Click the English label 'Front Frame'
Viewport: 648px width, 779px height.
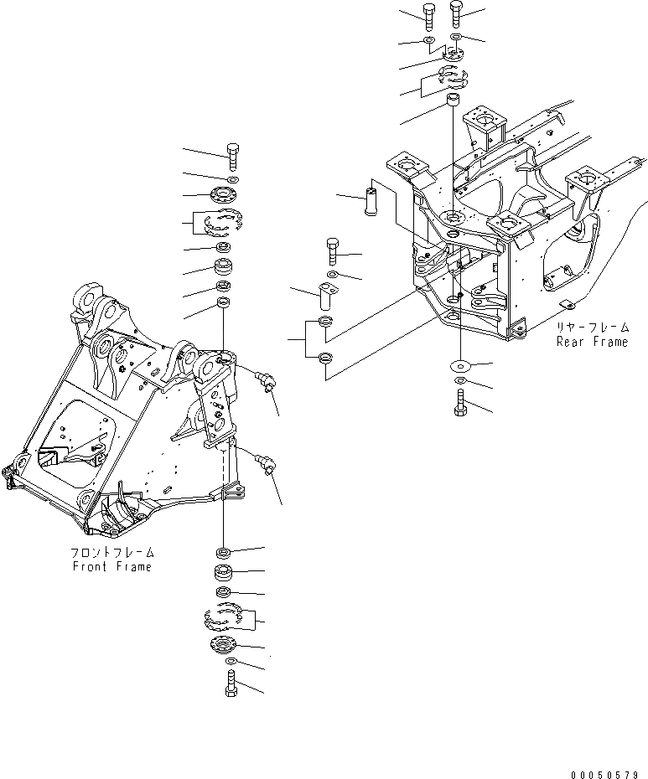click(111, 567)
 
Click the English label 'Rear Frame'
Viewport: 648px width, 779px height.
click(592, 342)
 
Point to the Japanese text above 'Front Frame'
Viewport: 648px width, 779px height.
click(112, 554)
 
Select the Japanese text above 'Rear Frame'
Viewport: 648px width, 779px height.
click(592, 328)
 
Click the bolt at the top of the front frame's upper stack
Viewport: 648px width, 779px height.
click(233, 155)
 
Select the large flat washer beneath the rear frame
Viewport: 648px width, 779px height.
click(460, 364)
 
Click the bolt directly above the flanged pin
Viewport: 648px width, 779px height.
click(331, 249)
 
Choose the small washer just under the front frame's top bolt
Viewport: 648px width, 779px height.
click(232, 179)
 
